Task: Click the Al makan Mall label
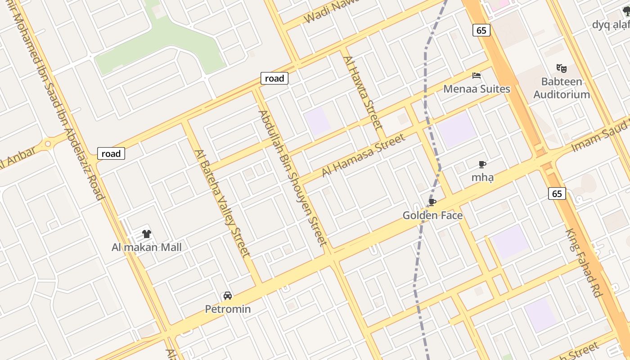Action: [x=147, y=247]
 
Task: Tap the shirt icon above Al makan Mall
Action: [x=147, y=234]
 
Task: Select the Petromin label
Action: [x=228, y=309]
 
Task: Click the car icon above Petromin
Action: [x=228, y=296]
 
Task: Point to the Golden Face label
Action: [x=432, y=216]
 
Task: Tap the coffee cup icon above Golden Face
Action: [x=432, y=202]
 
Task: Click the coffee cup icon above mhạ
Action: [x=482, y=164]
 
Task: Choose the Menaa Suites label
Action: [x=477, y=89]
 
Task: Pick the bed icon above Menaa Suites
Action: [x=477, y=75]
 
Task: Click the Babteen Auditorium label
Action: [x=562, y=88]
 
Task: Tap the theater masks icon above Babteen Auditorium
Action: [x=561, y=68]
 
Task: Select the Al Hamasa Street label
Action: [x=364, y=156]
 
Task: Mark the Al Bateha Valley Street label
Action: [x=222, y=203]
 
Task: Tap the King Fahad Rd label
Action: [x=584, y=263]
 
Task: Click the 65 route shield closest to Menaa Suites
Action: [x=481, y=30]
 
